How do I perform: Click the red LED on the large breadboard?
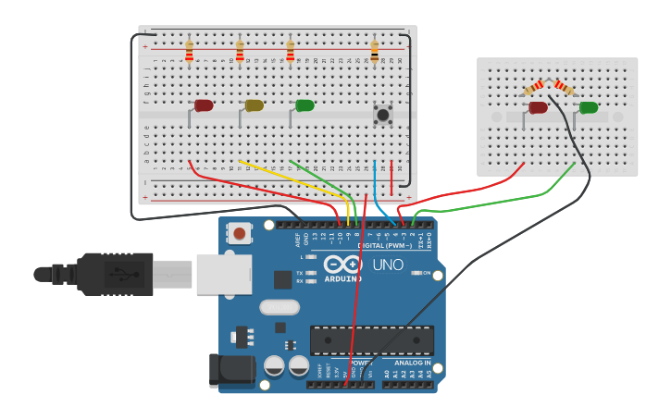pos(204,105)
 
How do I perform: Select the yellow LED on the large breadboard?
pos(255,105)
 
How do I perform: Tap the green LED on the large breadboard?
pos(304,105)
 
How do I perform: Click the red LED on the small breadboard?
pos(538,107)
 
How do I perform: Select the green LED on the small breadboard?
pos(588,107)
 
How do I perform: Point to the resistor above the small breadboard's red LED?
pos(534,87)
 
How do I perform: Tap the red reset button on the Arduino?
pos(240,233)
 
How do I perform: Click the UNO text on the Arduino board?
pos(387,265)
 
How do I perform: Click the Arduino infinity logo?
pos(342,265)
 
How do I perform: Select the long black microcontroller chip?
pos(371,339)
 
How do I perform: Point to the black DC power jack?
pos(231,370)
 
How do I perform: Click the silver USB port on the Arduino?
pos(223,275)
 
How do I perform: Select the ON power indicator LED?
pos(416,273)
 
